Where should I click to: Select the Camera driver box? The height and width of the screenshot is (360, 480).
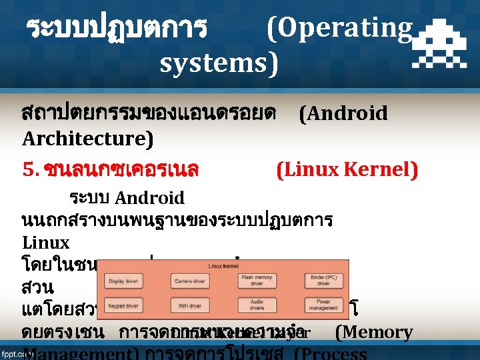190,281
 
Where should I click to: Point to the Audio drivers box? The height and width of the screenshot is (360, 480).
257,305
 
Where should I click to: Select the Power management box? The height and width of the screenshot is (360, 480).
323,305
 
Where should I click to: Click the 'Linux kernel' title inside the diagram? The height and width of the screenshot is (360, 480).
223,265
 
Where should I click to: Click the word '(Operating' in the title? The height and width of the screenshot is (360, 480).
339,28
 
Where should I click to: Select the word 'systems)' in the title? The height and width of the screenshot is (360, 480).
219,64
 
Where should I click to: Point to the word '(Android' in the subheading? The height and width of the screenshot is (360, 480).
343,113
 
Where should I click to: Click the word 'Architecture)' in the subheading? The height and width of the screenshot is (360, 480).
87,139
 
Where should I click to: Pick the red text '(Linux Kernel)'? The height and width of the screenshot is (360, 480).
347,170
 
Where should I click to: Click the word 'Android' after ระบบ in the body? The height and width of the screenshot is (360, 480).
149,198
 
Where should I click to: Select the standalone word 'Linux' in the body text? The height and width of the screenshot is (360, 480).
45,242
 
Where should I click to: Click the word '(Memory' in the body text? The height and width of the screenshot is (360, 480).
373,332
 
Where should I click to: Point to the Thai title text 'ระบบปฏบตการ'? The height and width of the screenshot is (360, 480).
117,29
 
